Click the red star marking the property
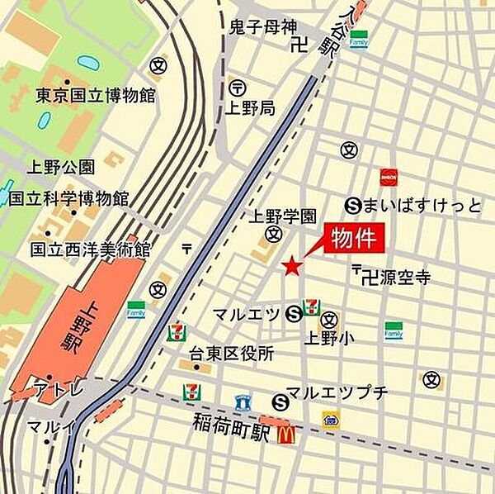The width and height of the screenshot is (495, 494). pos(290,266)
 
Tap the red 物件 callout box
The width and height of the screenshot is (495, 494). pos(354,239)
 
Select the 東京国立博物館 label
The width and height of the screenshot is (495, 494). pos(95,95)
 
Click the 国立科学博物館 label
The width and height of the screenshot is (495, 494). pos(68,198)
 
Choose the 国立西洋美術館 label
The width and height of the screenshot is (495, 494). pos(90,248)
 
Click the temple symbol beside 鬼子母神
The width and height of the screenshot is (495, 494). pos(299,47)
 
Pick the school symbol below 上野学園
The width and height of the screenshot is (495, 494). pos(272,235)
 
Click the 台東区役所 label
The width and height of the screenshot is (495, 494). pos(231,354)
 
